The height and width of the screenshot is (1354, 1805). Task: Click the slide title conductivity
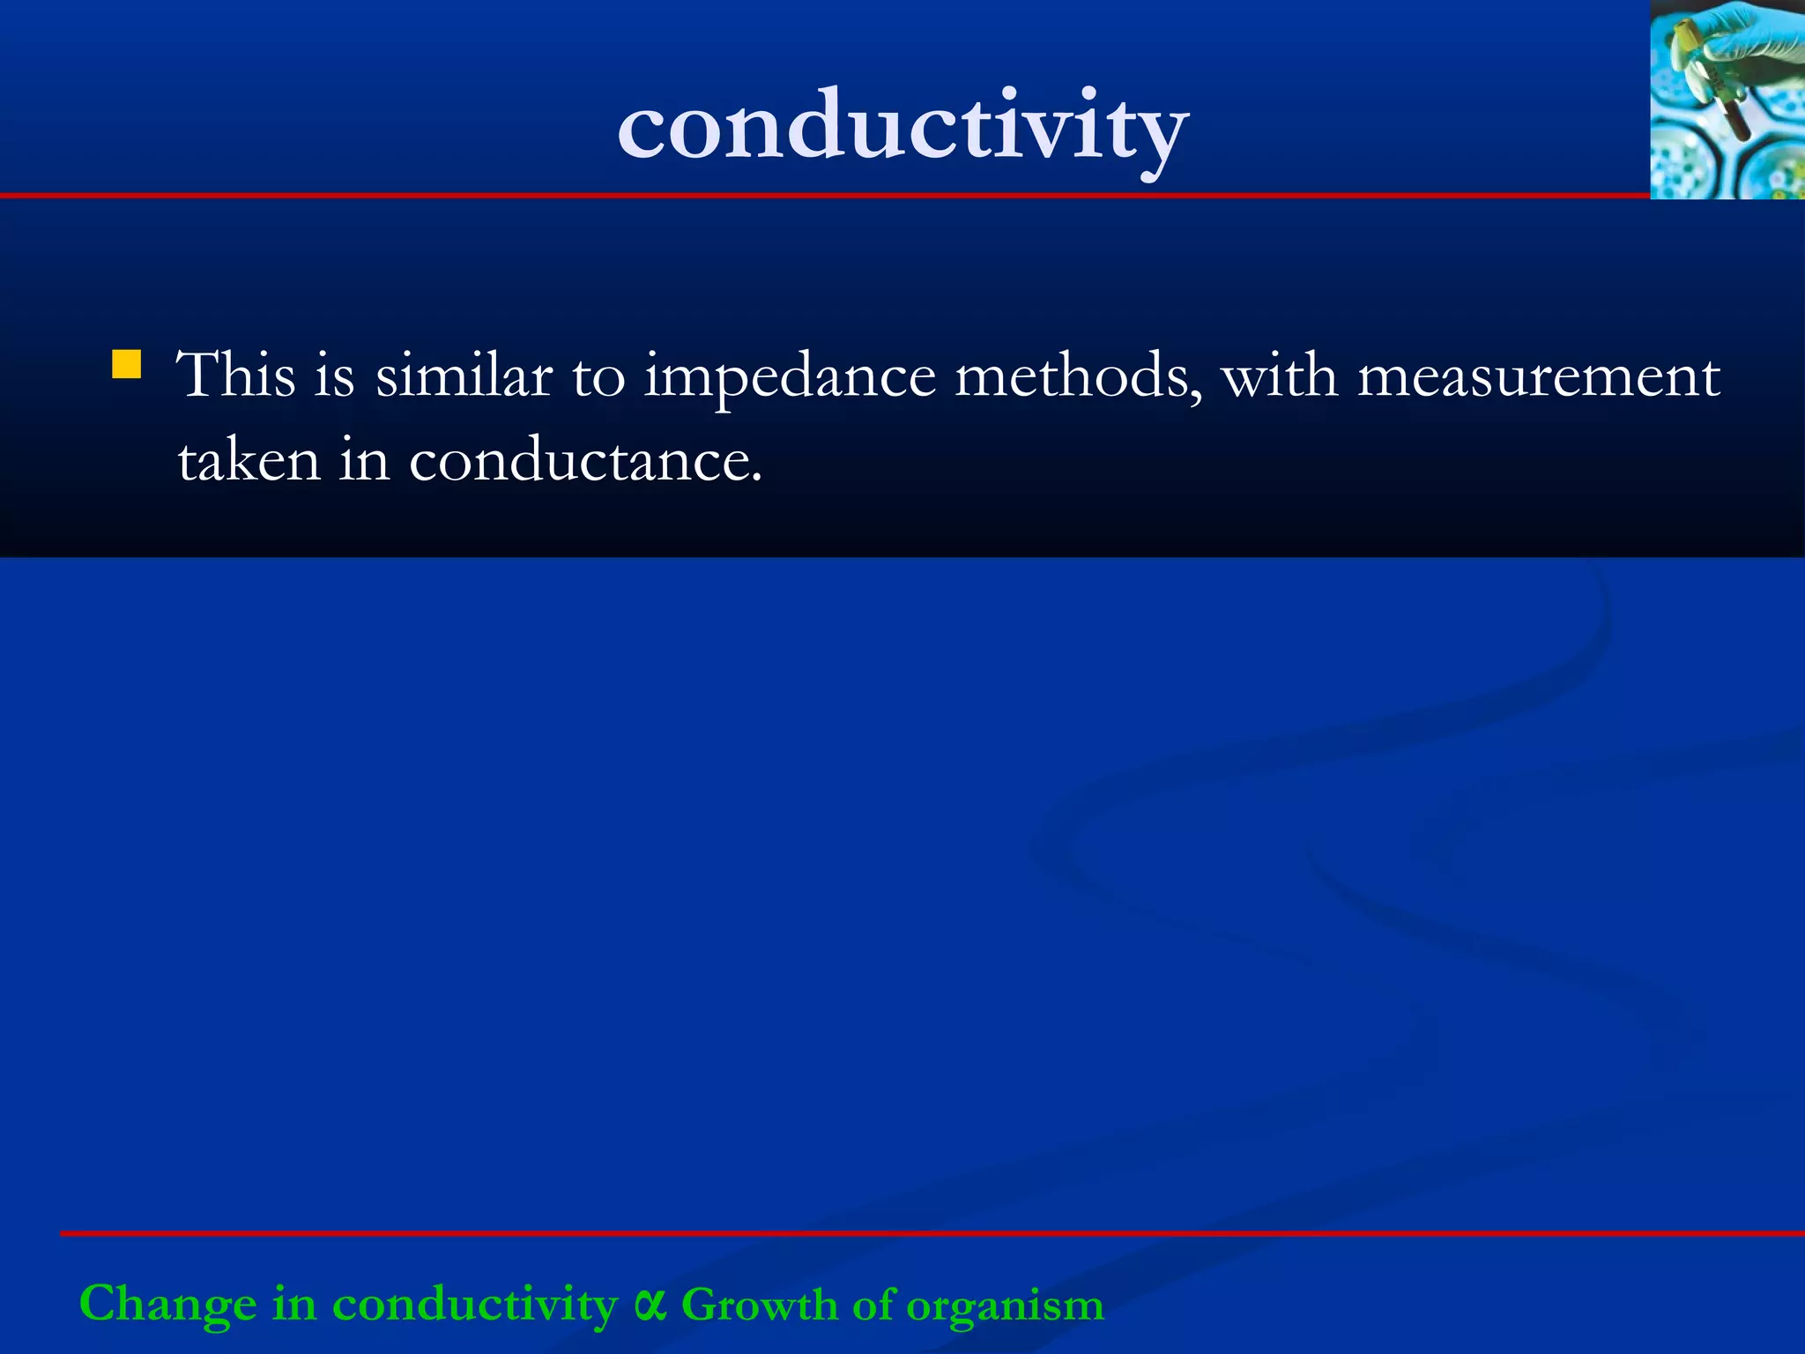[902, 128]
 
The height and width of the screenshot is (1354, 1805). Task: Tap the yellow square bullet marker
[127, 364]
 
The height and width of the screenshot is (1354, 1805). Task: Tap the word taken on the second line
[249, 460]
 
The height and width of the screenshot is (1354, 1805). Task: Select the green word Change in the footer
[167, 1305]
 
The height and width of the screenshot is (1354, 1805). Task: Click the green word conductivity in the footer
[475, 1305]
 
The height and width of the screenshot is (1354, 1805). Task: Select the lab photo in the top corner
[1727, 100]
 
